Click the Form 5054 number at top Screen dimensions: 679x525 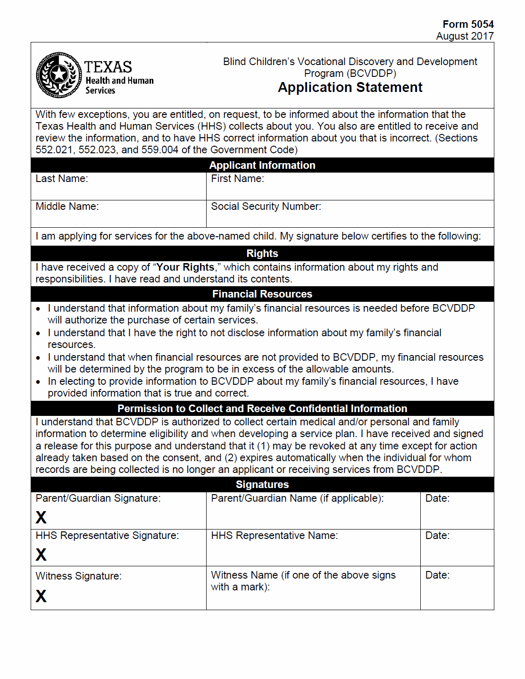(x=468, y=24)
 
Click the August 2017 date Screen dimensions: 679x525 (x=465, y=36)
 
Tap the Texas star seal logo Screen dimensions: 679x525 (x=59, y=75)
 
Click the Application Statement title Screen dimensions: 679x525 (x=350, y=88)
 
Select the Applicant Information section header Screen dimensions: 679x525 (x=262, y=165)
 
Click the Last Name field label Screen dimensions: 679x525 (x=62, y=179)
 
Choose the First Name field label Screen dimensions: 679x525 (x=237, y=179)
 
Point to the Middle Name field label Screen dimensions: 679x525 (x=67, y=207)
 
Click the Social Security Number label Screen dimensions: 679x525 (x=266, y=207)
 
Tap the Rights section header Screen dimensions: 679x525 (x=262, y=253)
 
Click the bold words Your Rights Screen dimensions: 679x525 (x=185, y=267)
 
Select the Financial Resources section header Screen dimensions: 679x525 (x=262, y=294)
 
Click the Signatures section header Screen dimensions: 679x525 (x=262, y=484)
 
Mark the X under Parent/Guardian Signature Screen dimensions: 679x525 (x=41, y=517)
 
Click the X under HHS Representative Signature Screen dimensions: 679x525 (x=41, y=555)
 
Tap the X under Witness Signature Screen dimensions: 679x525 (x=41, y=596)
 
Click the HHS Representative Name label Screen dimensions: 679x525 (x=275, y=536)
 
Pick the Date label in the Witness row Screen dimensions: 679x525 (x=437, y=575)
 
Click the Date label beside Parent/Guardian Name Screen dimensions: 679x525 (x=437, y=498)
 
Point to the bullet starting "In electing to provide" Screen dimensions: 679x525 (x=38, y=382)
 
